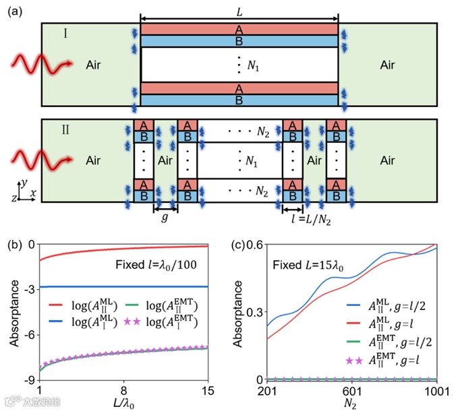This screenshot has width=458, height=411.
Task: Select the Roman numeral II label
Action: [56, 128]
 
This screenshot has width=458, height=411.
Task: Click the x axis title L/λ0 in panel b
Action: [124, 402]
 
